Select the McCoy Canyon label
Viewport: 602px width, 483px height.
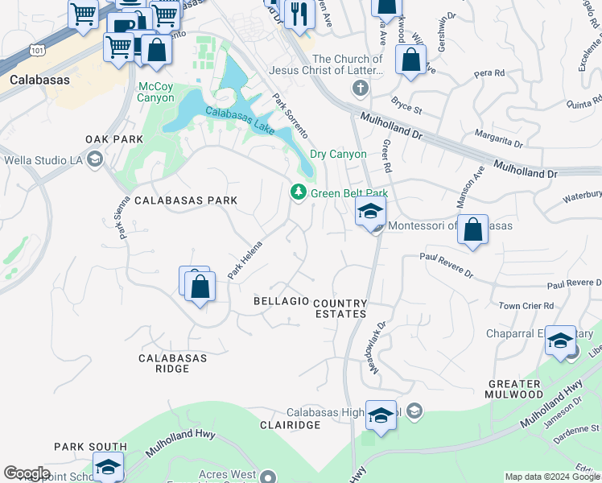tap(156, 92)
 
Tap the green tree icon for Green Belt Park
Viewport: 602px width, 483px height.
tap(299, 192)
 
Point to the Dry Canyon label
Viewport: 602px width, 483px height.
tap(338, 154)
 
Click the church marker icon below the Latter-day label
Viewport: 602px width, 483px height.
tap(359, 88)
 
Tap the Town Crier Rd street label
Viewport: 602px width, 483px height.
tap(526, 306)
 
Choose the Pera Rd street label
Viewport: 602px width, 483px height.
tap(511, 72)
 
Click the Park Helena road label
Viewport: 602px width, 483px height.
tap(245, 260)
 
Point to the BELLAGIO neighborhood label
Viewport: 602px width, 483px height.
tap(281, 300)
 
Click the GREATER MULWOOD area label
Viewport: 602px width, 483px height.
tap(518, 389)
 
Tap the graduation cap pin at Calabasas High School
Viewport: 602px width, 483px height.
tap(381, 415)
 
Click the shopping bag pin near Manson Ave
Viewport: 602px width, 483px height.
tap(474, 229)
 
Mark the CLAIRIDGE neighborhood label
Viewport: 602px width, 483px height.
tap(291, 424)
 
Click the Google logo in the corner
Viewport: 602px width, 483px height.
tap(27, 473)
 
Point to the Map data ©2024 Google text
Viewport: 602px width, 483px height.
tap(551, 477)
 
